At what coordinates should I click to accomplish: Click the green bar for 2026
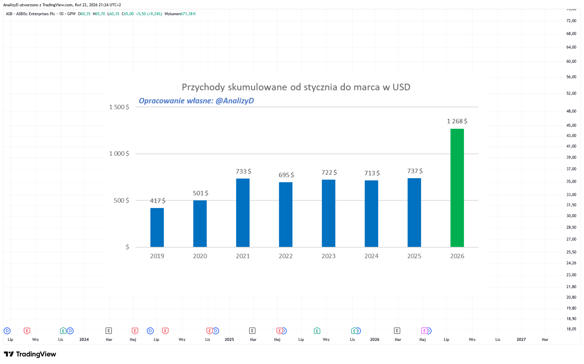457,188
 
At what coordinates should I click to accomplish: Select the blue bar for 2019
157,227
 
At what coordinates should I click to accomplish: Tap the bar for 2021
243,213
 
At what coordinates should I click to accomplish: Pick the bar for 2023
329,213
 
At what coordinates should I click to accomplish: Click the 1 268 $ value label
457,121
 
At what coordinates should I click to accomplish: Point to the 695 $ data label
286,175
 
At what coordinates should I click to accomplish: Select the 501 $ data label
201,193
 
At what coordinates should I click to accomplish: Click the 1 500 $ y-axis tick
119,107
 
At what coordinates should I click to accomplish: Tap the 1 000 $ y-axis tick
119,153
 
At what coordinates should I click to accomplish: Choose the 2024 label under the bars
372,256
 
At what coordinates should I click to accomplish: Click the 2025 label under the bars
414,256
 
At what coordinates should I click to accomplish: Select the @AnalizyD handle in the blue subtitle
235,101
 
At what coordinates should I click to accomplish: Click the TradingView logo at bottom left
30,354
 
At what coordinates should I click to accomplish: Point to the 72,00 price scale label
571,21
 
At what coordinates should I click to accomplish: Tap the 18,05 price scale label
571,329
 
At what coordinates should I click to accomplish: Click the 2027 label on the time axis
521,340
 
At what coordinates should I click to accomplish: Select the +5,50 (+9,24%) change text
149,14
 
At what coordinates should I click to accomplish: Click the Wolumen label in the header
173,14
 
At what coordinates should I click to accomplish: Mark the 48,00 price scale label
571,111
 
